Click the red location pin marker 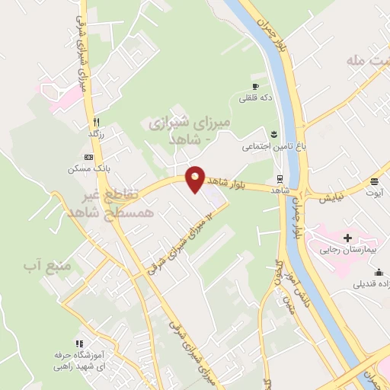[x=197, y=179]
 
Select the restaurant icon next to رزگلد [x=96, y=121]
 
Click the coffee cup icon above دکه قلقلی [x=256, y=86]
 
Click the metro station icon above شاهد [x=281, y=178]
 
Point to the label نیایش [x=331, y=196]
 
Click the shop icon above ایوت [x=375, y=181]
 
